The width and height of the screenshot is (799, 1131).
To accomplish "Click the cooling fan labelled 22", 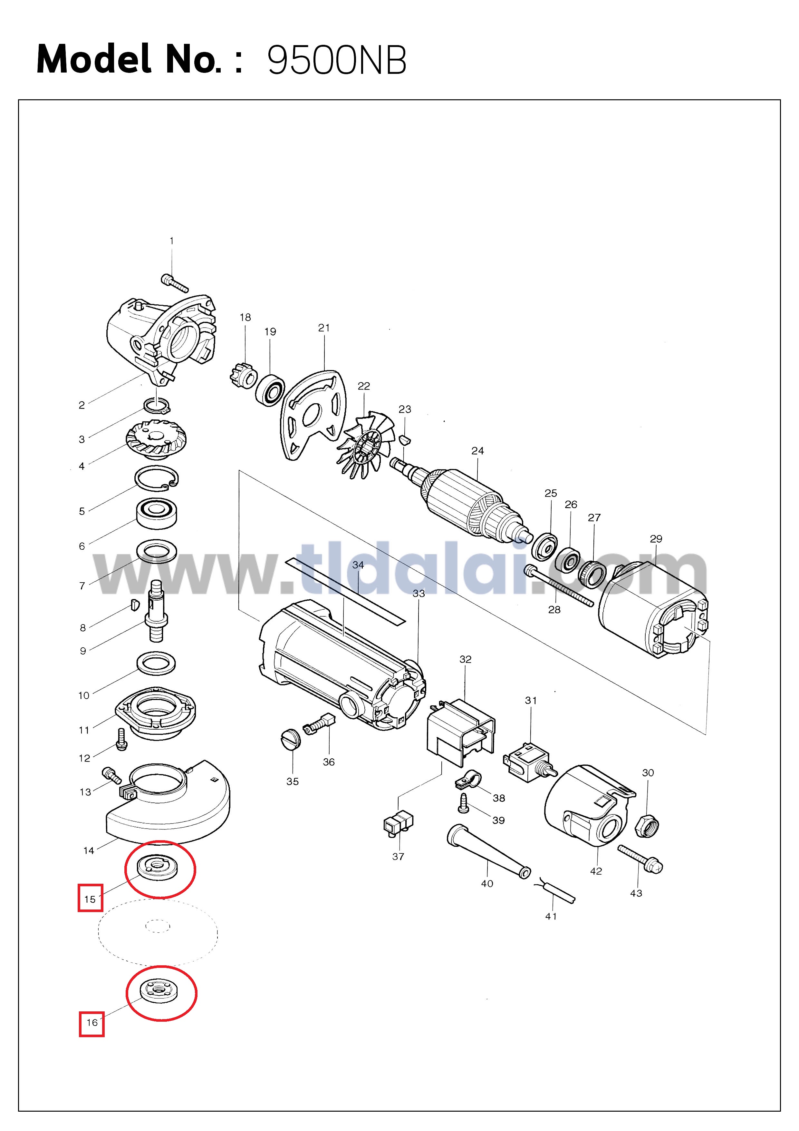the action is pyautogui.click(x=361, y=445).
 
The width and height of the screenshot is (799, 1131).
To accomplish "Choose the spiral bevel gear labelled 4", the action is pyautogui.click(x=156, y=439).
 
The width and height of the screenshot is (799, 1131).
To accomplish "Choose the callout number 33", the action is pyautogui.click(x=419, y=594).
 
